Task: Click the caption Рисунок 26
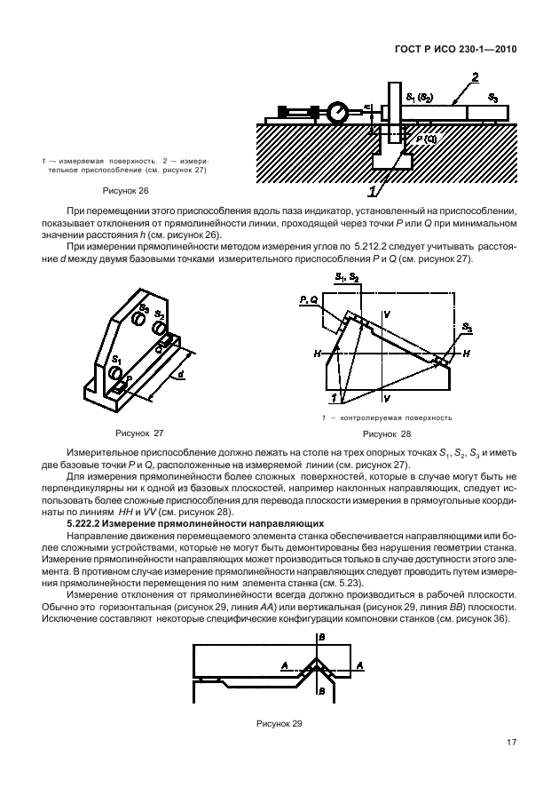click(126, 190)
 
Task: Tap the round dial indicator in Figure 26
click(337, 112)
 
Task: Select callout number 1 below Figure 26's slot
click(374, 188)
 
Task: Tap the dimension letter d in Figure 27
click(183, 377)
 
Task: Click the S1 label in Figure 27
click(115, 360)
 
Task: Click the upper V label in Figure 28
click(387, 314)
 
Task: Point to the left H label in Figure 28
click(317, 353)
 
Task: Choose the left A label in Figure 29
click(284, 664)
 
